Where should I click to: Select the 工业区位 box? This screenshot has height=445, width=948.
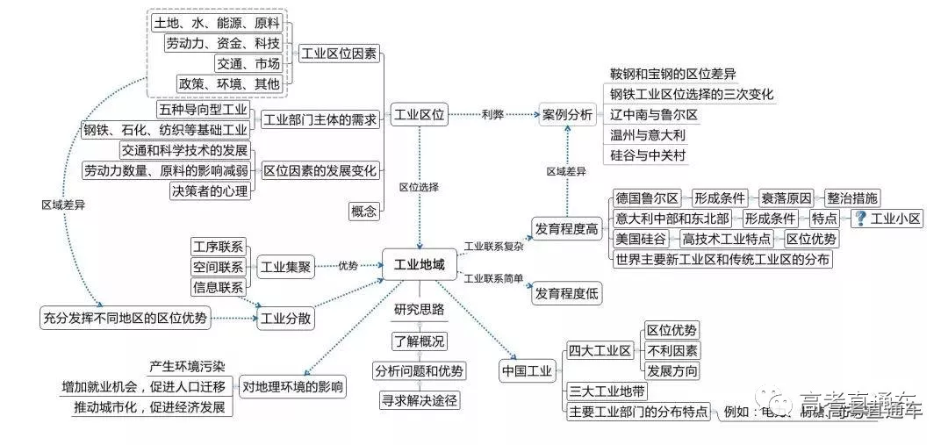tap(420, 114)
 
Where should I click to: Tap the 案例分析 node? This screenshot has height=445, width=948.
tap(567, 114)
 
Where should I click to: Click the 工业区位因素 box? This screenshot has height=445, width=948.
tap(339, 54)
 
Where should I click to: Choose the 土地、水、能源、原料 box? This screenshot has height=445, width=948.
tap(218, 24)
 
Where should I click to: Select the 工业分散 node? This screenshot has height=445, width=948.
tap(285, 318)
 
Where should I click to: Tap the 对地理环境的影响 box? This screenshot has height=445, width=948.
tap(293, 386)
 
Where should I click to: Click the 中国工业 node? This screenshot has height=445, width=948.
tap(527, 371)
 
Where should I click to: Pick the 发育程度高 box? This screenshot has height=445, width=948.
tap(567, 230)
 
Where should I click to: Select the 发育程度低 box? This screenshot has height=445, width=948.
tap(567, 294)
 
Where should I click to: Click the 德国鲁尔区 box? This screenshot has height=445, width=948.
tap(648, 197)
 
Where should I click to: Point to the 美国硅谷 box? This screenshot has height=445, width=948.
tap(642, 239)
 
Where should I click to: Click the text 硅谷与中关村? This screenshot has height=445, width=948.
tap(647, 155)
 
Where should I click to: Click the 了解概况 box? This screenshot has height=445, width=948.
tap(419, 341)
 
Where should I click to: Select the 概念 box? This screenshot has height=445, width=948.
tap(363, 211)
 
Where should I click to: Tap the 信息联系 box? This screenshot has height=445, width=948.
tap(219, 287)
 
